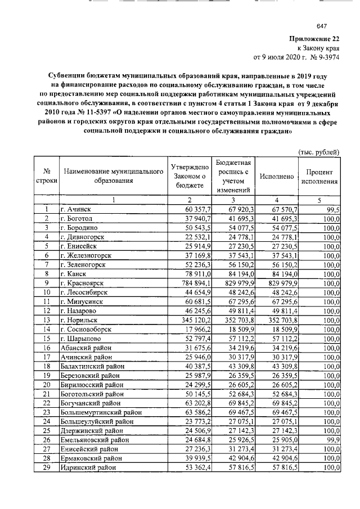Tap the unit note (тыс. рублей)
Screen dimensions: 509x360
pos(318,151)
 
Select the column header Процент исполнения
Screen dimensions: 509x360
pos(319,177)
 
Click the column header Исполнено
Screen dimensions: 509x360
pos(277,177)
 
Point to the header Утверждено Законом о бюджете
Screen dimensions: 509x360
pos(190,177)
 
